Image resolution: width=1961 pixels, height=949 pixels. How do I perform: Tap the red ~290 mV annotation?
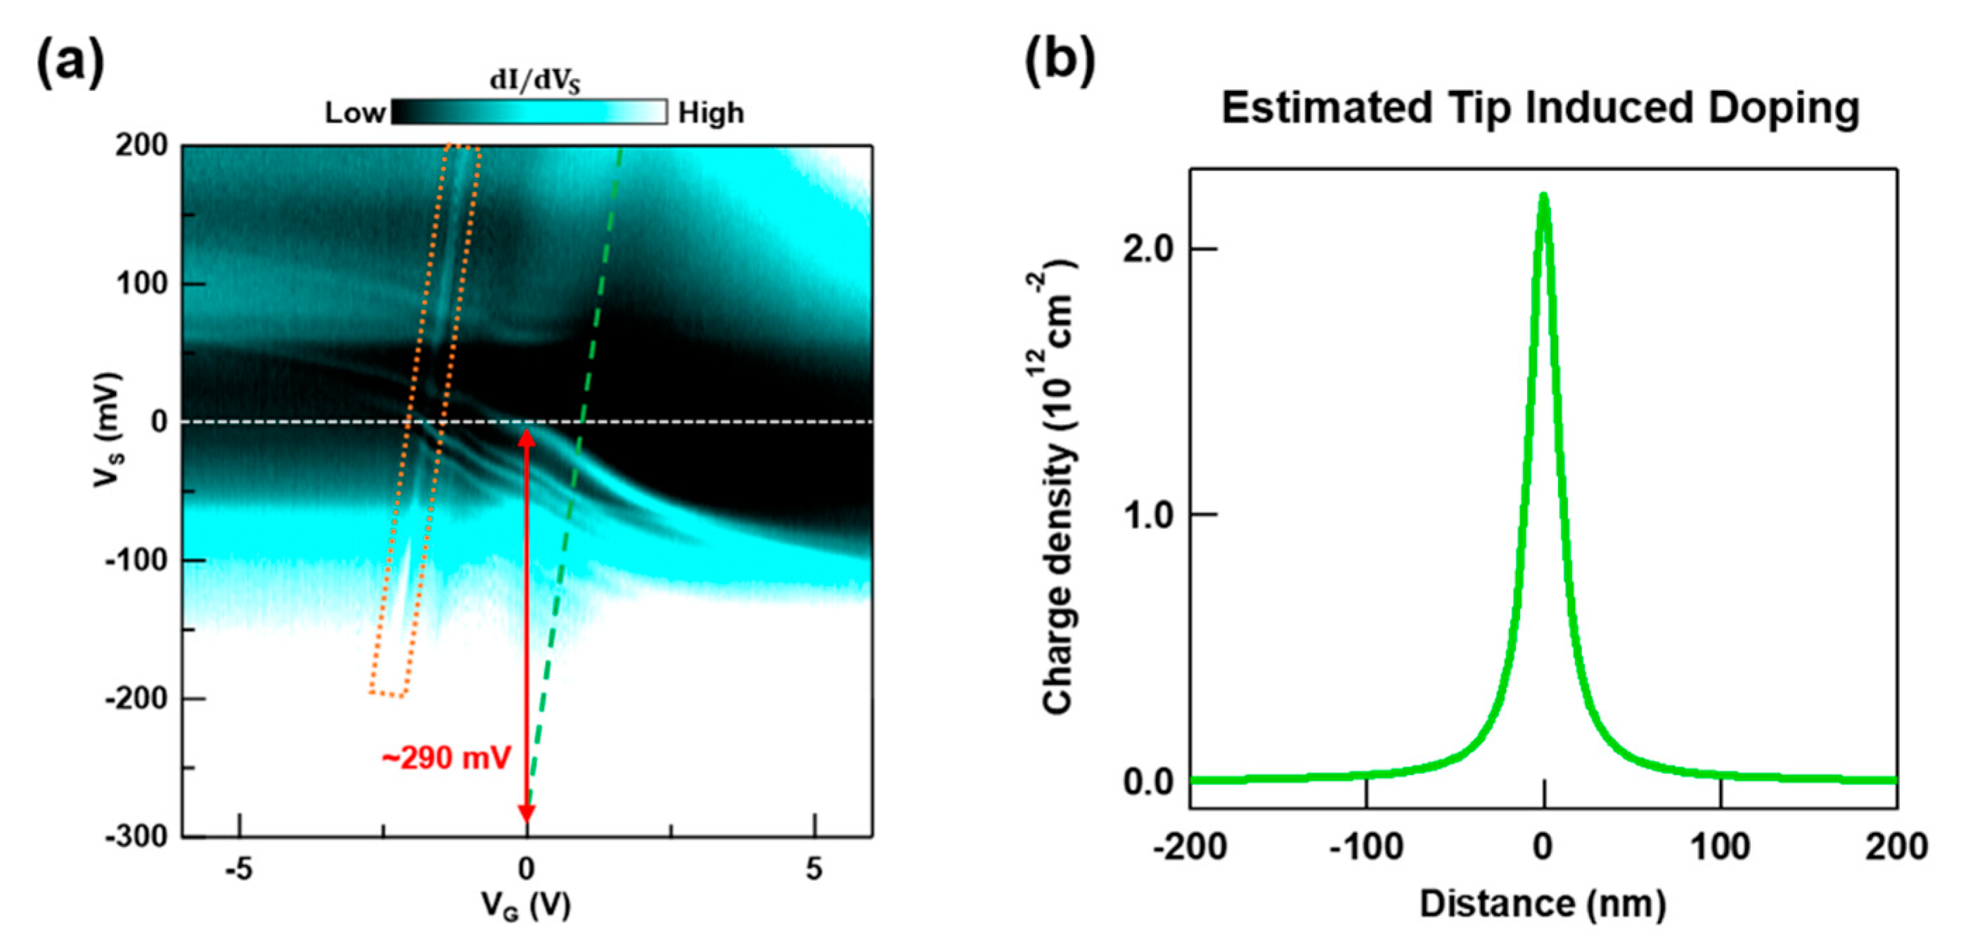click(445, 758)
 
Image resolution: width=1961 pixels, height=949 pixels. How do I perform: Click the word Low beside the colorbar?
click(355, 113)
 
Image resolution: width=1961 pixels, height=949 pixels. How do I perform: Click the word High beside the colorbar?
click(711, 113)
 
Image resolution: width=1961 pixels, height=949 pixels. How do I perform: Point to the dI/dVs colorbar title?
click(534, 81)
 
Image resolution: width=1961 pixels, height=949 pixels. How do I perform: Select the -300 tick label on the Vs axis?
click(137, 836)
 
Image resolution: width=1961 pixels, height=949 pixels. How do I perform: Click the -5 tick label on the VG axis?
click(239, 868)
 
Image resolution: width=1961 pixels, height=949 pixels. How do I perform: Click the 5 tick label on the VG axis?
click(814, 868)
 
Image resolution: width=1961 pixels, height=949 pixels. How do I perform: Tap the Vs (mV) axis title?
click(108, 431)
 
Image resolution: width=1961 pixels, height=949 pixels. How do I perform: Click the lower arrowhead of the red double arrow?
click(526, 815)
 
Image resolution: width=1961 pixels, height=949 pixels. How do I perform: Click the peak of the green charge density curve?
click(1543, 196)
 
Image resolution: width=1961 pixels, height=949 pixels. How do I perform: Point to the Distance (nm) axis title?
click(1543, 904)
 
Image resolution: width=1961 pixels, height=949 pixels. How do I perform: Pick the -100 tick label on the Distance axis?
click(1365, 846)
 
